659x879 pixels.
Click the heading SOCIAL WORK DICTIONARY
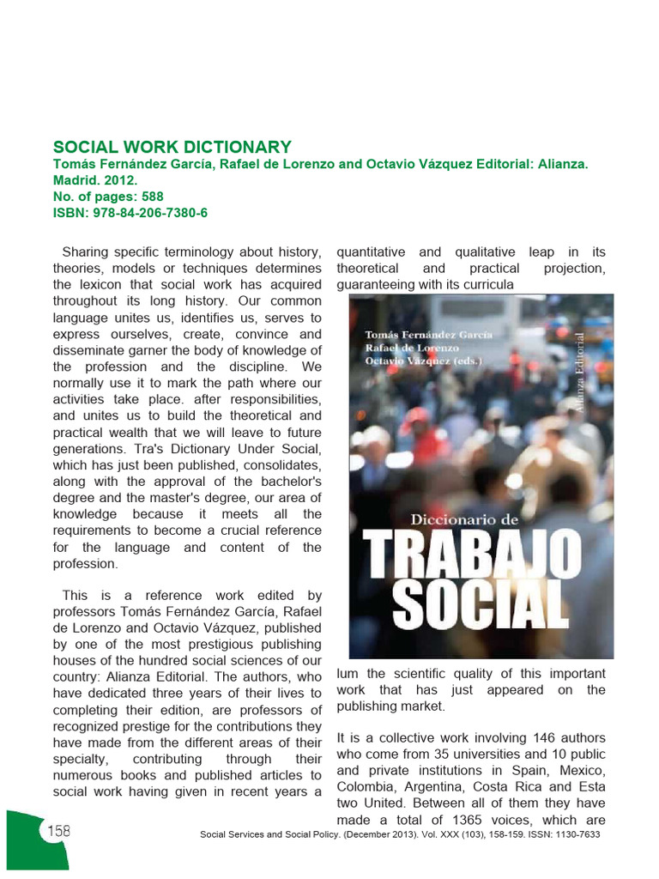point(172,147)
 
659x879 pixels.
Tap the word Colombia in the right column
point(367,787)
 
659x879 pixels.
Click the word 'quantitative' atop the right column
point(371,252)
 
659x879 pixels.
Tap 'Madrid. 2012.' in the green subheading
point(95,180)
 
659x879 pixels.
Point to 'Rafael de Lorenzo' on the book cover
point(412,348)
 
